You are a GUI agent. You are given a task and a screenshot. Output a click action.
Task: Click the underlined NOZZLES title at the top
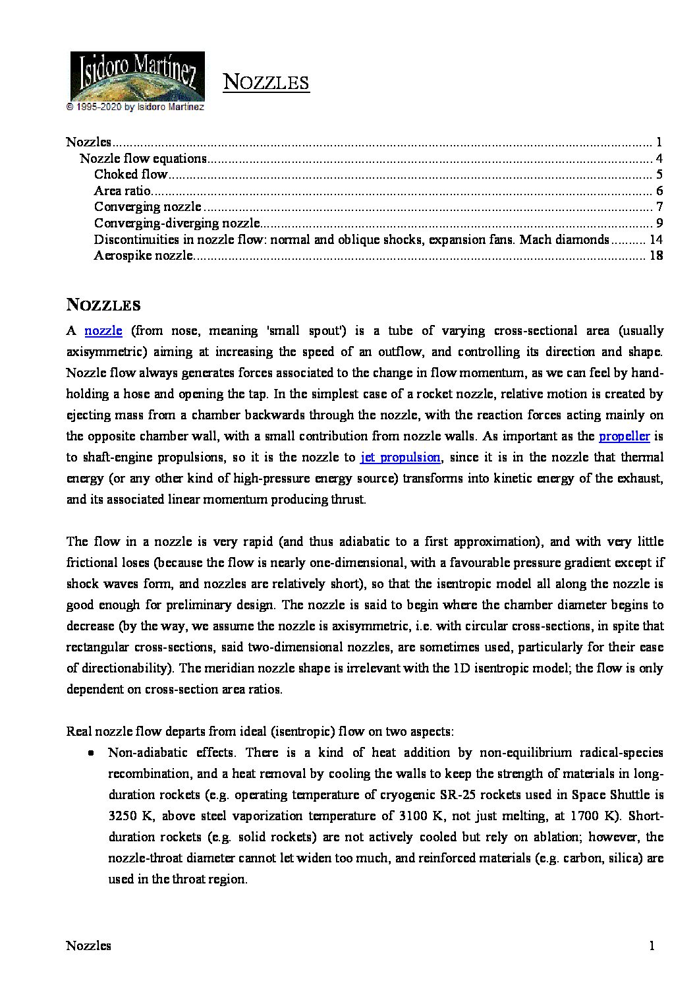pos(266,82)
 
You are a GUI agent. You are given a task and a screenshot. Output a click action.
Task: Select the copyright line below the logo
pos(135,106)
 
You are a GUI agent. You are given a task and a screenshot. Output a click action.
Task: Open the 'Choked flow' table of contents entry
pos(130,174)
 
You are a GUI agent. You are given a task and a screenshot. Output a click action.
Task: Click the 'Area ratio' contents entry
pos(123,191)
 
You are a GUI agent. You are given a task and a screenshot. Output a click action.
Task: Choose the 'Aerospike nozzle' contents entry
pos(143,255)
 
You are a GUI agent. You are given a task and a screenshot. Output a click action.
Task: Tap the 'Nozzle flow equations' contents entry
pos(143,158)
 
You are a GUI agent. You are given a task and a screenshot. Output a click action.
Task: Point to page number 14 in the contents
pos(655,239)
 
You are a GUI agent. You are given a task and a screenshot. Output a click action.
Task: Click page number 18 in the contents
pos(655,255)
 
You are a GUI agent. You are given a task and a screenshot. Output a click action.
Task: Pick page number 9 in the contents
pos(659,223)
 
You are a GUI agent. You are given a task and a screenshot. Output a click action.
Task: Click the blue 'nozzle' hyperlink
pos(103,330)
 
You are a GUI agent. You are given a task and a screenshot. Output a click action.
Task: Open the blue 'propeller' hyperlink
pos(624,436)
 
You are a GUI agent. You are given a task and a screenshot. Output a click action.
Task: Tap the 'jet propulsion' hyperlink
pos(401,457)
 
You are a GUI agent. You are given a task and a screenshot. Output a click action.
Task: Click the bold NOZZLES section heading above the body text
pos(103,305)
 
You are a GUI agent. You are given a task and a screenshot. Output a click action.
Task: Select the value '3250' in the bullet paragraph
pos(122,816)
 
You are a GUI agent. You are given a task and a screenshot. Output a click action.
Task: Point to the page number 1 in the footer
pos(652,946)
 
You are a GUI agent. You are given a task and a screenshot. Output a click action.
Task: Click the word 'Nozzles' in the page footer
pos(88,946)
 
